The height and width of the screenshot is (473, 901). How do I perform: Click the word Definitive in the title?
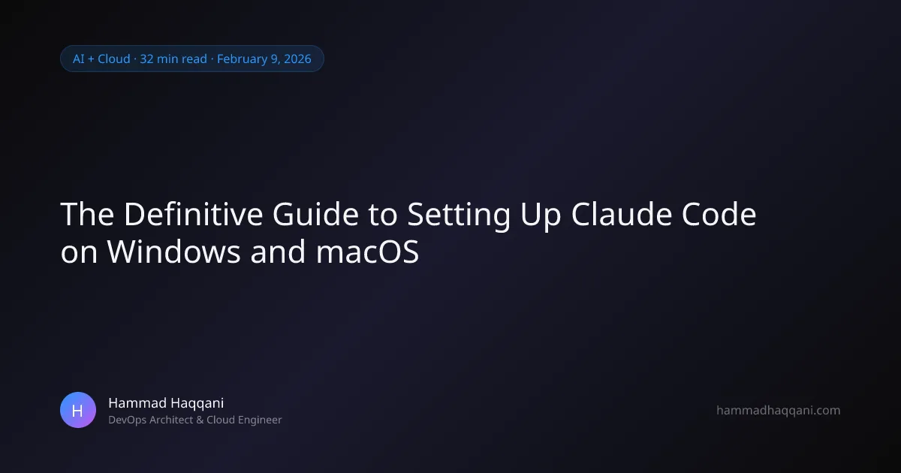click(193, 214)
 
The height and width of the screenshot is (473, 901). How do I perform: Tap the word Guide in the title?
click(315, 214)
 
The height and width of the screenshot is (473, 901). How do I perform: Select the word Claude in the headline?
click(622, 214)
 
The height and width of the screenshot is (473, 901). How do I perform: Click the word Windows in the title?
click(173, 252)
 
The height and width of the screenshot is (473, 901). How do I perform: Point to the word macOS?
click(367, 252)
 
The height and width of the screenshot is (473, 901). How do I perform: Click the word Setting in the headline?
click(459, 215)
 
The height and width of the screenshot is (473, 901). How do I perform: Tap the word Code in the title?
click(719, 214)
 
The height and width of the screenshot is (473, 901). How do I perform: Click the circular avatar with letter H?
click(78, 410)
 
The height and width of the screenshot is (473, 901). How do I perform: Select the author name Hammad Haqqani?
click(166, 403)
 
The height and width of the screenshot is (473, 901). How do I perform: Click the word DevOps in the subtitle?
click(127, 420)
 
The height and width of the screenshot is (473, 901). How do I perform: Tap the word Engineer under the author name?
click(260, 420)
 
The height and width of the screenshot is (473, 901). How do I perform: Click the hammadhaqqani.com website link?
click(779, 410)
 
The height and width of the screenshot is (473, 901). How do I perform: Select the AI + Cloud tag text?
click(101, 59)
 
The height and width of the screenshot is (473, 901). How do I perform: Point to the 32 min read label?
click(173, 59)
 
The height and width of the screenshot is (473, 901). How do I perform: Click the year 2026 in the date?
click(297, 59)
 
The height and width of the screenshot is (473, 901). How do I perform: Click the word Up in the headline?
click(541, 215)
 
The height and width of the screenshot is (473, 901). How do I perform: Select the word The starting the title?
click(87, 214)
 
